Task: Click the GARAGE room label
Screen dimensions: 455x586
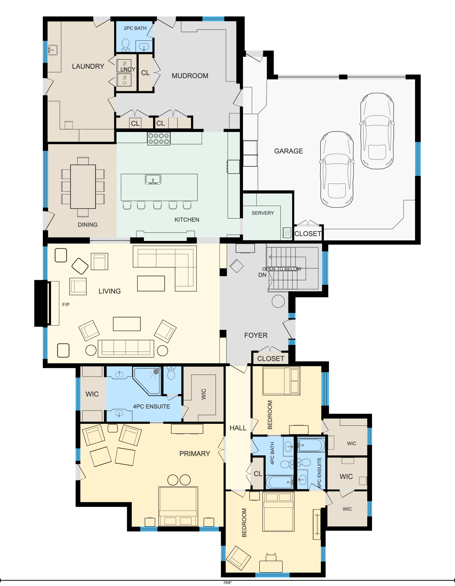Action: [x=288, y=151]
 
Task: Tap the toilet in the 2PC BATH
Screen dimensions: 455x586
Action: [x=125, y=45]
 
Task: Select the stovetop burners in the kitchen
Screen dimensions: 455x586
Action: [x=159, y=139]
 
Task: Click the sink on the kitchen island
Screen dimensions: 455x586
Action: [x=153, y=179]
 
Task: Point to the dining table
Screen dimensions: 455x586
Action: [x=83, y=187]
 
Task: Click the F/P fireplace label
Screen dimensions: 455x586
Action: [x=66, y=304]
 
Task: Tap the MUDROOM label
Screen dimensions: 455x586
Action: [x=190, y=76]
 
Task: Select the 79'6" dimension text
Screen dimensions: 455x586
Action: [x=227, y=583]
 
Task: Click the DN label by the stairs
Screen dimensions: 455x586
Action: [x=262, y=275]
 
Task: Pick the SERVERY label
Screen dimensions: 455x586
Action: [x=263, y=213]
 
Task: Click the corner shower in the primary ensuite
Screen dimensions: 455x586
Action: [x=148, y=381]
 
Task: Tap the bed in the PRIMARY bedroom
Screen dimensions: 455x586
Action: [x=178, y=507]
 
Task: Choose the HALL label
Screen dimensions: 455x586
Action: [x=238, y=428]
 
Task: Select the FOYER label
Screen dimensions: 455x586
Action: [x=256, y=335]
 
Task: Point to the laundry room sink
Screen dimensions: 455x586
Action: [x=53, y=50]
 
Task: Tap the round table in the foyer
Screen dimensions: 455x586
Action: [x=278, y=301]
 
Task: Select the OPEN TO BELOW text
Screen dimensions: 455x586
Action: [x=282, y=269]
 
